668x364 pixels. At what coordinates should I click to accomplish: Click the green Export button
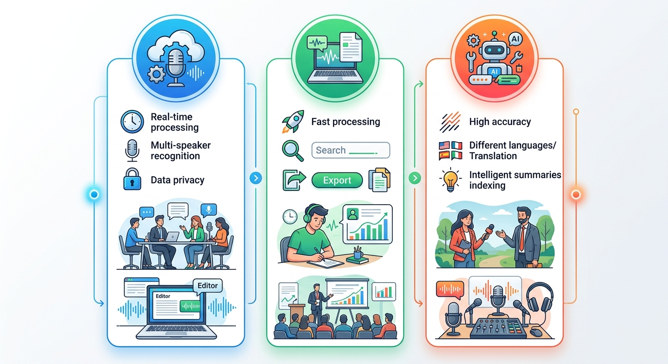[x=337, y=180]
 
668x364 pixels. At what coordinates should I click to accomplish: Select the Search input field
[x=351, y=150]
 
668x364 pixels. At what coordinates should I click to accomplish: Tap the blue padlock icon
[x=132, y=179]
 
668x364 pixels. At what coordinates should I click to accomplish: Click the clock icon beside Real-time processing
[x=132, y=121]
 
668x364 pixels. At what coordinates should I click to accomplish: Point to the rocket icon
[x=294, y=121]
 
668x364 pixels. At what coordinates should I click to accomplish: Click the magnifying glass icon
[x=293, y=151]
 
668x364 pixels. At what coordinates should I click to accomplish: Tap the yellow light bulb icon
[x=450, y=180]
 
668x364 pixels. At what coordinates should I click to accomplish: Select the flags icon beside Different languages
[x=450, y=151]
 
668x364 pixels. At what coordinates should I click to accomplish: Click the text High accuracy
[x=500, y=121]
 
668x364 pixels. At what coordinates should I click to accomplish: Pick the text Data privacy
[x=177, y=180]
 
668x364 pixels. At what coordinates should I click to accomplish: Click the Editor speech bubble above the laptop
[x=207, y=286]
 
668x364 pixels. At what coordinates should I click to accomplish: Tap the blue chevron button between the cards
[x=256, y=178]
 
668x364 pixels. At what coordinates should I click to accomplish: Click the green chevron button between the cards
[x=415, y=178]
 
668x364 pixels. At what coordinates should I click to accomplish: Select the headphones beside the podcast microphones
[x=540, y=297]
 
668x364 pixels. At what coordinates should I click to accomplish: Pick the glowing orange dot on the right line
[x=576, y=194]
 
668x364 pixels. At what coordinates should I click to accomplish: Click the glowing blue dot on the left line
[x=94, y=194]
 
